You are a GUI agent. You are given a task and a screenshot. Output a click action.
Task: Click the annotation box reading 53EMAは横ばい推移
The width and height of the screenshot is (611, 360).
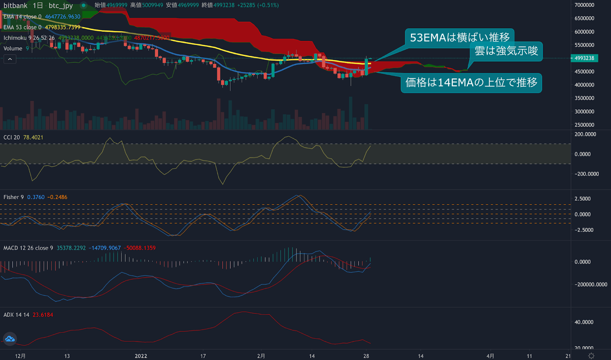(459, 37)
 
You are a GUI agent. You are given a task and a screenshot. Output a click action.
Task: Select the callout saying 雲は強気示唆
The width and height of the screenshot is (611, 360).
(506, 51)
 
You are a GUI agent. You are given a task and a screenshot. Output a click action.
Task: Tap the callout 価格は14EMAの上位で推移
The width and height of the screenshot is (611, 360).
(471, 83)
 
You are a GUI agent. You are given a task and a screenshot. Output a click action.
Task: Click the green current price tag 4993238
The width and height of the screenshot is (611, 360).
(584, 58)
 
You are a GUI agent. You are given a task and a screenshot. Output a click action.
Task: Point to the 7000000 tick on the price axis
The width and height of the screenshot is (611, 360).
(584, 5)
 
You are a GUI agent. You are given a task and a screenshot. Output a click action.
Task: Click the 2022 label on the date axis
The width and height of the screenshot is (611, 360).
(141, 356)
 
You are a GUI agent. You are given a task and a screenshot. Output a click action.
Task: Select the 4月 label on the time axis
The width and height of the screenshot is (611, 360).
(490, 356)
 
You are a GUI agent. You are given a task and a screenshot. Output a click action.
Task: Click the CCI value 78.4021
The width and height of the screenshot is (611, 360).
(33, 138)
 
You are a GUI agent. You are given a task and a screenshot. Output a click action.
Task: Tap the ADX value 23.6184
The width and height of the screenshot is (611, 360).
(43, 315)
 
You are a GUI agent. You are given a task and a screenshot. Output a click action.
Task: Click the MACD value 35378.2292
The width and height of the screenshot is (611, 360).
(71, 248)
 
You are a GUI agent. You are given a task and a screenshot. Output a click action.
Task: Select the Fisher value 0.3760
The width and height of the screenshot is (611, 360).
(36, 197)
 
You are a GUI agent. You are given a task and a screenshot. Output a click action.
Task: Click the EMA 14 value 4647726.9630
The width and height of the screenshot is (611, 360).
(63, 17)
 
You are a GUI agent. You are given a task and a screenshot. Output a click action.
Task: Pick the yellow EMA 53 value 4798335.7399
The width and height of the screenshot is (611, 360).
(63, 27)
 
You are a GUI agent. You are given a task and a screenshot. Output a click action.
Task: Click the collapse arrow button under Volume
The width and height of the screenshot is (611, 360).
(10, 59)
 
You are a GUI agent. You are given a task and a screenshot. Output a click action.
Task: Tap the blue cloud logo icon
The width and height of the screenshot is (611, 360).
(10, 339)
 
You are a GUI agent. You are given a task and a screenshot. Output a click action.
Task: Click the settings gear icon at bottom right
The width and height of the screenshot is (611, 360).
(591, 356)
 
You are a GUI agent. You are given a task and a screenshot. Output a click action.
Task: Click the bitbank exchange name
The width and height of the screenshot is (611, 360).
(15, 5)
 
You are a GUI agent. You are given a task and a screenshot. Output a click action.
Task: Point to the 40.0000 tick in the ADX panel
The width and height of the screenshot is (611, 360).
(584, 322)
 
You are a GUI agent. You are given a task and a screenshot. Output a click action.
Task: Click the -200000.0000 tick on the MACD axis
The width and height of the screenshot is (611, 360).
(591, 285)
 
